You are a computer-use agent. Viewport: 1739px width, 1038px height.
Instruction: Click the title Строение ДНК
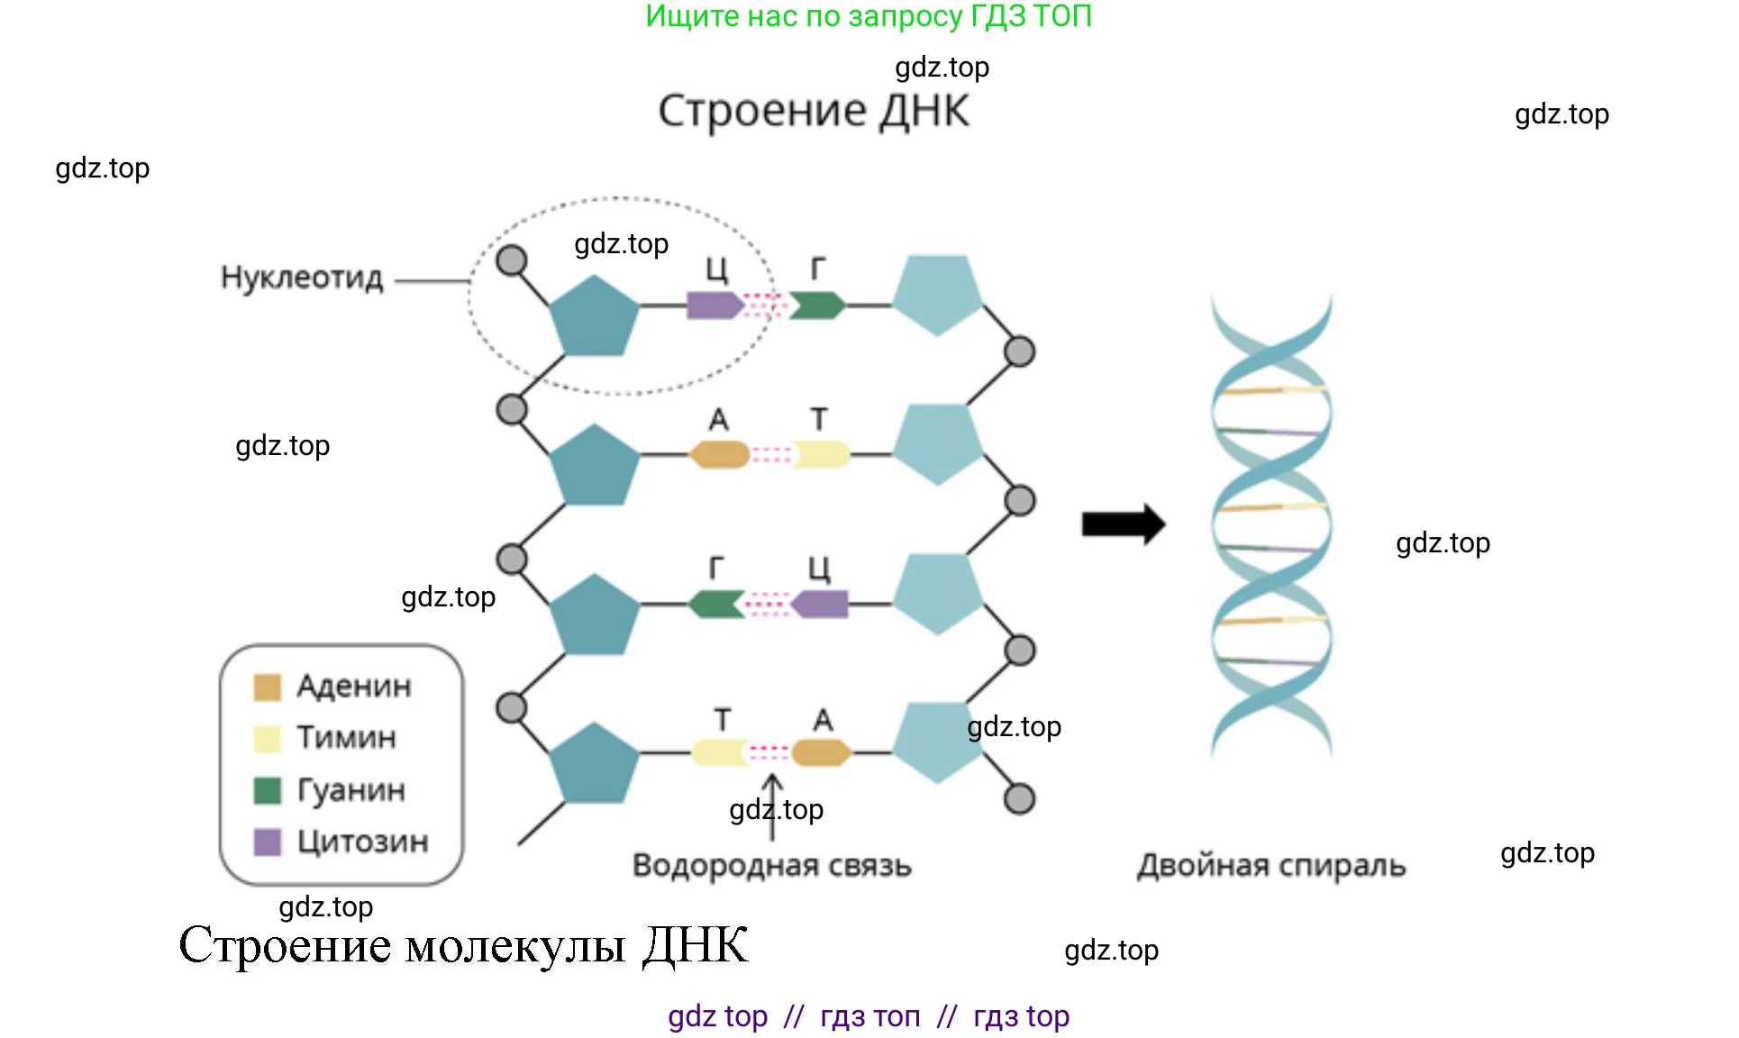click(814, 111)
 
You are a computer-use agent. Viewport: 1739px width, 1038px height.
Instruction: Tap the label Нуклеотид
click(302, 278)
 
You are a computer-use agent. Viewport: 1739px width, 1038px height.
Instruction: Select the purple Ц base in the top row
click(714, 305)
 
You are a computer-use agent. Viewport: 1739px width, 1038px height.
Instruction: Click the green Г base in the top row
click(817, 305)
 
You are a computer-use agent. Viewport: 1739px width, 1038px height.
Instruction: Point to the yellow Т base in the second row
click(820, 454)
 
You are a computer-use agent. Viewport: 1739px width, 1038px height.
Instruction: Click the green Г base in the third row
click(715, 604)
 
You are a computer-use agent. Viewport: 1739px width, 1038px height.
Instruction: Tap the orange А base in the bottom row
click(821, 752)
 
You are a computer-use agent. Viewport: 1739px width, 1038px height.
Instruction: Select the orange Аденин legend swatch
click(268, 687)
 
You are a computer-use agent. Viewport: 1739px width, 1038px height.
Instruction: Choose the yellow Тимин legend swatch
click(268, 739)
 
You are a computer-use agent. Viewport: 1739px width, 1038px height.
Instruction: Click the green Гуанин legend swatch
click(268, 790)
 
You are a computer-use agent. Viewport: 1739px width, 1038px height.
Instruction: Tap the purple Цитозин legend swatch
click(268, 842)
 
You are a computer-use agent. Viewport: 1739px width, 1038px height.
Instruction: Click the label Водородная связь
click(772, 866)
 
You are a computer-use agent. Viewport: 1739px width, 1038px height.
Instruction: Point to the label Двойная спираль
click(1270, 866)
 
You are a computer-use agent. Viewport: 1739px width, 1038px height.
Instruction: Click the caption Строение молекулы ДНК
click(463, 945)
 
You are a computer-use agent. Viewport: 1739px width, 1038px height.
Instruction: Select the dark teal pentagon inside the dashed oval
click(593, 315)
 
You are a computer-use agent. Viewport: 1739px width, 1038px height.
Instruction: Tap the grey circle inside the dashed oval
click(512, 260)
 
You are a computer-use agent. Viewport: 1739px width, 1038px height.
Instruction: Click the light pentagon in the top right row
click(937, 294)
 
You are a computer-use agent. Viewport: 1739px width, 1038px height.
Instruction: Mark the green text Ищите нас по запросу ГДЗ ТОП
click(869, 16)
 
